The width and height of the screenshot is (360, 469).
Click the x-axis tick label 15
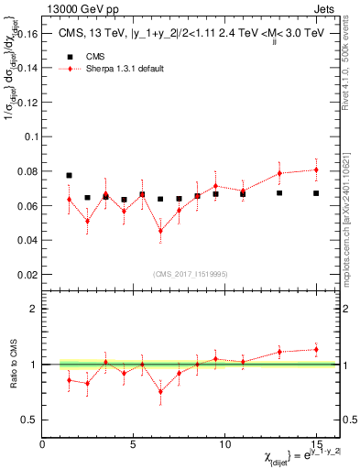pyautogui.click(x=316, y=443)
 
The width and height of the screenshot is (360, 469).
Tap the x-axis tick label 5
pyautogui.click(x=134, y=443)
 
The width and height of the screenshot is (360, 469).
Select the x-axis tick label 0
pyautogui.click(x=43, y=443)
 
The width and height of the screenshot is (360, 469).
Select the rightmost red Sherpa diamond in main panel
pyautogui.click(x=316, y=169)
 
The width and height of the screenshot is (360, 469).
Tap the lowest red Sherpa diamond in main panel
pyautogui.click(x=161, y=231)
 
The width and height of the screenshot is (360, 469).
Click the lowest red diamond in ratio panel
pyautogui.click(x=161, y=392)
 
